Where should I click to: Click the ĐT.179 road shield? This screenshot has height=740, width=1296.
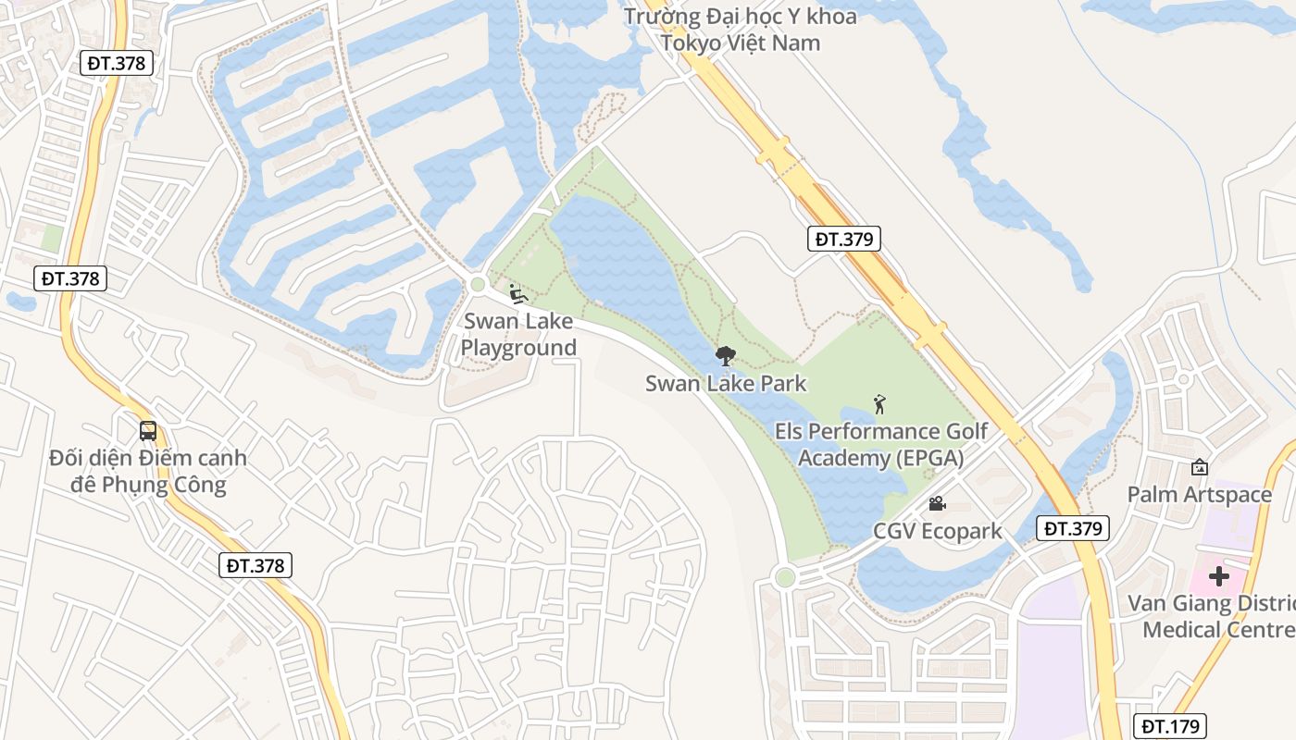(1170, 726)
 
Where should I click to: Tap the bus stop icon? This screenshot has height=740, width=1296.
(148, 430)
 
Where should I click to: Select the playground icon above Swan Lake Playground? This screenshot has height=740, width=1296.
(518, 294)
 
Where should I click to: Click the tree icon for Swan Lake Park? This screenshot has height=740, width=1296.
(726, 355)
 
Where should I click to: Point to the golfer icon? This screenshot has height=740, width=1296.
(879, 404)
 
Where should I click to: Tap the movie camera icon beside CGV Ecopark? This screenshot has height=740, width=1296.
(937, 504)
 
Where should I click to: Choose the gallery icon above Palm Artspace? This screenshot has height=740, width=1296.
(1200, 467)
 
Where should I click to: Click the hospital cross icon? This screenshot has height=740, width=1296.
(1219, 576)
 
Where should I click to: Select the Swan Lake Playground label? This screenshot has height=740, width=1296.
(518, 335)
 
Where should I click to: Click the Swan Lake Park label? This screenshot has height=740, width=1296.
(726, 383)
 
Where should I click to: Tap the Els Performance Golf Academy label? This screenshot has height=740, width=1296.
(880, 445)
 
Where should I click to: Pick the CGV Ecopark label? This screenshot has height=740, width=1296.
(938, 531)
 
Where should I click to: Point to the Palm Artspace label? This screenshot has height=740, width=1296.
(1200, 495)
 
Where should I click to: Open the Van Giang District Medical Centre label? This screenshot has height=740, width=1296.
(1213, 617)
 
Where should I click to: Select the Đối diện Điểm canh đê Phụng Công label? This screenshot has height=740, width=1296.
(148, 471)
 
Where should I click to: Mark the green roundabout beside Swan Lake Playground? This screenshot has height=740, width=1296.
(478, 285)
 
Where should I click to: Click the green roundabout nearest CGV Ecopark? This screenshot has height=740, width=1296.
(785, 578)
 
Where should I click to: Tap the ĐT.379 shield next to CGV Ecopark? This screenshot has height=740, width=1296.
(1072, 528)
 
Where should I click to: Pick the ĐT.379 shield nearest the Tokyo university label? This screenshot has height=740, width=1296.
(842, 239)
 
